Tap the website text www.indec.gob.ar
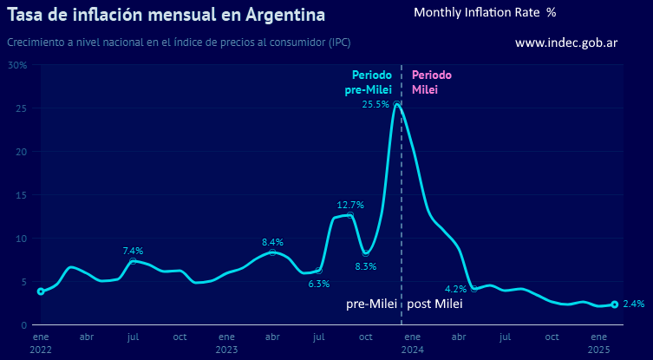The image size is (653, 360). coord(565,43)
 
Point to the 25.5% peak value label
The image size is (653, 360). coord(375,105)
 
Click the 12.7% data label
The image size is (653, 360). coord(350,206)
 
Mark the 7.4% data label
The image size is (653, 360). coord(133,251)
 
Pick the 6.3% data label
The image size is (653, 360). coord(319,284)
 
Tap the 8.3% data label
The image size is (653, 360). coord(366,266)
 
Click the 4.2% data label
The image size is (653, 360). coord(455,289)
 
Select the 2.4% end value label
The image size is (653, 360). coord(633,304)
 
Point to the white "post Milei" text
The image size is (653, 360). coord(435,304)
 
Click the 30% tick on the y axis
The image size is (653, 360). coord(18,65)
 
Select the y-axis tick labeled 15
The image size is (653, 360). coord(22,195)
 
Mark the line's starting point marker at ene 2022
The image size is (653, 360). coord(41,291)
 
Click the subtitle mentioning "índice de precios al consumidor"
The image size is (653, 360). coord(179,43)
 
